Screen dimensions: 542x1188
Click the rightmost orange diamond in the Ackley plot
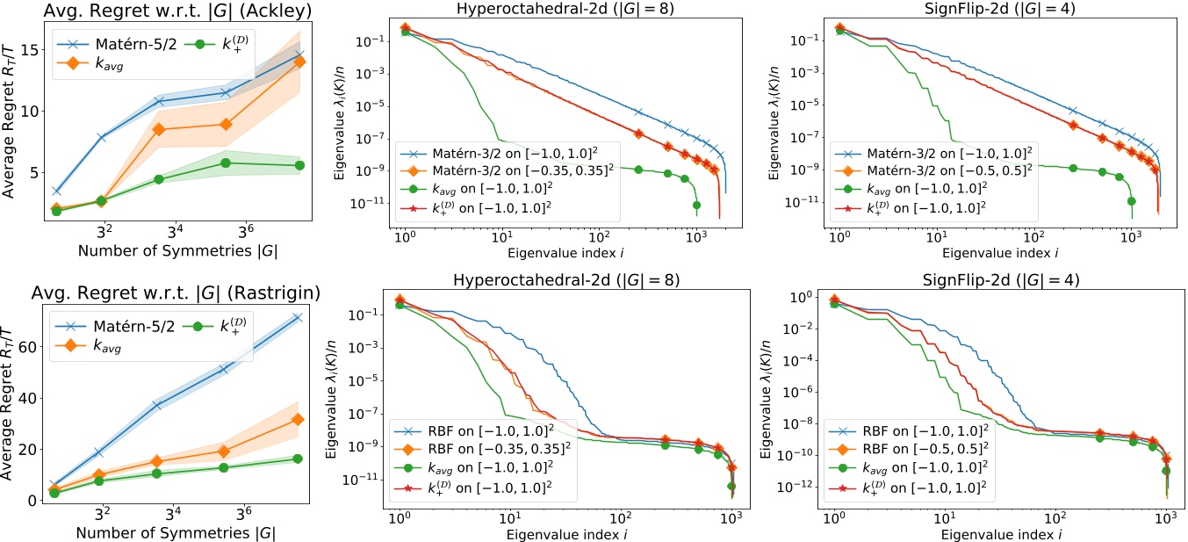click(x=299, y=61)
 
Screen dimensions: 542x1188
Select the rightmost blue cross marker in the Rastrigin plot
click(x=299, y=317)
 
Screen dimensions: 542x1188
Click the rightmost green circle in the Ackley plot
click(x=299, y=165)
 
